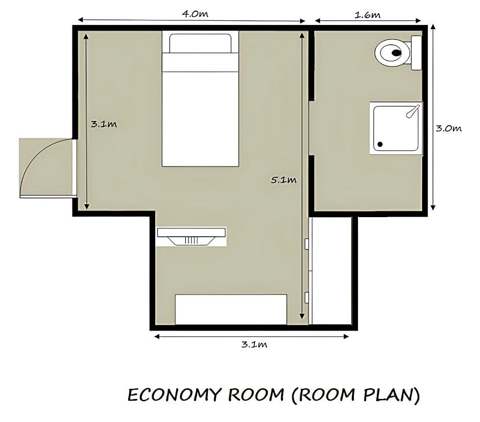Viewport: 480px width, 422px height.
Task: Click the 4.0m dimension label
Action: point(195,14)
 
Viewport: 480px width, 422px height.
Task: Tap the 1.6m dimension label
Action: point(367,15)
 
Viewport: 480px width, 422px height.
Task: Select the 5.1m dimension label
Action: point(284,180)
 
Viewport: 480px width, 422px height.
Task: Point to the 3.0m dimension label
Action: point(448,128)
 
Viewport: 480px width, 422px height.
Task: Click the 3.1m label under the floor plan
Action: point(254,344)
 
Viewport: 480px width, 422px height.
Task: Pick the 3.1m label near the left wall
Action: point(104,124)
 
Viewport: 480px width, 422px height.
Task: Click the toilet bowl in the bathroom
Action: point(393,53)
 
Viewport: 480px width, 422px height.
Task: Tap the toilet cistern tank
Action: point(416,53)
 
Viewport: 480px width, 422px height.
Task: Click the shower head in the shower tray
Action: point(413,111)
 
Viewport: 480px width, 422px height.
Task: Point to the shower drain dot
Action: point(380,144)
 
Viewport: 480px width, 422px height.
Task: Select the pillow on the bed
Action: point(200,43)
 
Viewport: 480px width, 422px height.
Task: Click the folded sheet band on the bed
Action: point(200,62)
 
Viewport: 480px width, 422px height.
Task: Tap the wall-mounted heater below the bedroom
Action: point(191,237)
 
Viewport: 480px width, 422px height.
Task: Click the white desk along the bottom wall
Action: point(231,309)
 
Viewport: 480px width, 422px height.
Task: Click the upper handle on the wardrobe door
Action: point(306,244)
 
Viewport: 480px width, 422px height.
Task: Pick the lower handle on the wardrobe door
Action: point(306,298)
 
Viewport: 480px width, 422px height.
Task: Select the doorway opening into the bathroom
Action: point(311,128)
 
